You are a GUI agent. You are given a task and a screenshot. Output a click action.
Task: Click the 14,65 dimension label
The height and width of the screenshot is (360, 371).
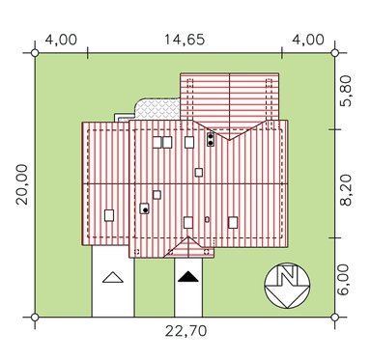point(185,40)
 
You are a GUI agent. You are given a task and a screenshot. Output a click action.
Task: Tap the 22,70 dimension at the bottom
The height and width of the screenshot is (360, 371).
point(185,331)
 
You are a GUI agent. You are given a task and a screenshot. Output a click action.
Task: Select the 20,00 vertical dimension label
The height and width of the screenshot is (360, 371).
point(22,184)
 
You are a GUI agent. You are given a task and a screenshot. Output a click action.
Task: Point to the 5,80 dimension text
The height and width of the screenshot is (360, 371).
point(345,91)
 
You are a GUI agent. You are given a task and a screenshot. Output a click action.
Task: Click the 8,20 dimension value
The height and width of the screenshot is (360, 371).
point(345,190)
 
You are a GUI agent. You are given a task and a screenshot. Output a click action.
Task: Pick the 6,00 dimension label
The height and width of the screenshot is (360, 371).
point(344,280)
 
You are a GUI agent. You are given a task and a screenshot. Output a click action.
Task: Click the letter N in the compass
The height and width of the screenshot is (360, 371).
point(287,276)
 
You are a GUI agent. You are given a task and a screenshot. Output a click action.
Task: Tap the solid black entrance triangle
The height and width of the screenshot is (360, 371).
point(188,277)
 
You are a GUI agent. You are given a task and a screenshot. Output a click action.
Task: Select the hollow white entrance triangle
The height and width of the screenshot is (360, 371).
point(113,277)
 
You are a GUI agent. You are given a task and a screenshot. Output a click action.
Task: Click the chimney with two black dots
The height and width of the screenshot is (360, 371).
point(211,140)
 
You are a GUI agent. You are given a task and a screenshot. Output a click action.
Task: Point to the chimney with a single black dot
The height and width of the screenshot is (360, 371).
point(144,208)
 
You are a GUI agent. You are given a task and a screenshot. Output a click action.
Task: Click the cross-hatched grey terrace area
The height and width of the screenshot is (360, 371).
point(158,109)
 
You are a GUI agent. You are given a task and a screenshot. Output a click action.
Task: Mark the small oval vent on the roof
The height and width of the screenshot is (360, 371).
point(207,220)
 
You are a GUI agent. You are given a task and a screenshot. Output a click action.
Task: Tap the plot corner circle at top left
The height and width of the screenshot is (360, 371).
point(35,53)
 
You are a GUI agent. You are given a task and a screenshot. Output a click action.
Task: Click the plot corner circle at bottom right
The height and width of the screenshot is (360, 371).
point(335,318)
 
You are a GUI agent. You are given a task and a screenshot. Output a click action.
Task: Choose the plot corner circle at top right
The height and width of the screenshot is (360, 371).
point(335,53)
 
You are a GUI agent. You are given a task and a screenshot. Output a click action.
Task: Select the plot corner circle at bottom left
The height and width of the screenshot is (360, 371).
point(35,318)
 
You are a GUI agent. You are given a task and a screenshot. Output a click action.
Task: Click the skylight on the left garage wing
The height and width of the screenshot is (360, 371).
point(109,215)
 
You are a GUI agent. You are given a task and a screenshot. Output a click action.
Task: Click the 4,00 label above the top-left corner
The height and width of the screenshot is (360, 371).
point(61,40)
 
